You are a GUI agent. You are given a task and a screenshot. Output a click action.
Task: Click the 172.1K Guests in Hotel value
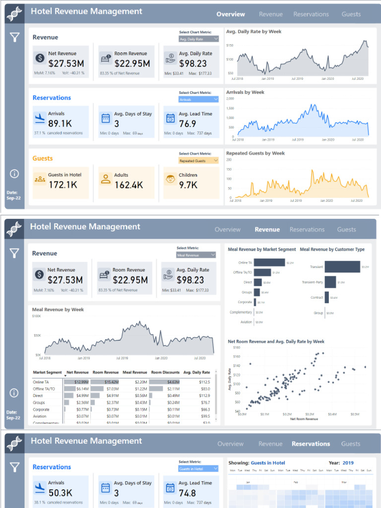pos(63,185)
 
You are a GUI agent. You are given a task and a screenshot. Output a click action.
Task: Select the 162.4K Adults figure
pos(128,185)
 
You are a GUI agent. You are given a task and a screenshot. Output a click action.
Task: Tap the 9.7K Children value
pos(188,185)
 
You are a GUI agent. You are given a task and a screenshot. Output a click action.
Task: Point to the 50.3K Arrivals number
pos(60,493)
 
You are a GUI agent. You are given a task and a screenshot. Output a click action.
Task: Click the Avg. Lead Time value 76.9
pos(188,124)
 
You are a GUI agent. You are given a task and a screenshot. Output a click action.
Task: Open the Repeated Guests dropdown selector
pos(198,161)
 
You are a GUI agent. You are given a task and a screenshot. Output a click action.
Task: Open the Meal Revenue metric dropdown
pos(196,255)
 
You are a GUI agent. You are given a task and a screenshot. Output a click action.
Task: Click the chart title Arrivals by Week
pos(245,92)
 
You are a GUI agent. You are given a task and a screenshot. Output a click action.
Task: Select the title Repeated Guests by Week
pos(255,153)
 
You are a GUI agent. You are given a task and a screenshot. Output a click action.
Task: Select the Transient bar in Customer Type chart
pos(342,266)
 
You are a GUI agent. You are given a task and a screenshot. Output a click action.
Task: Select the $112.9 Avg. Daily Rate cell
pos(204,396)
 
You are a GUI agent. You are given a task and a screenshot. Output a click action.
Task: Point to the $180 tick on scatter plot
pos(236,348)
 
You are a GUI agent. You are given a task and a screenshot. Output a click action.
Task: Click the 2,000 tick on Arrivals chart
pos(230,99)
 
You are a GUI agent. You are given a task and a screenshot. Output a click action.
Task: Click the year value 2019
pos(348,463)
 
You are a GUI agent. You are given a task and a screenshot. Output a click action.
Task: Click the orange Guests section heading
pos(43,159)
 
